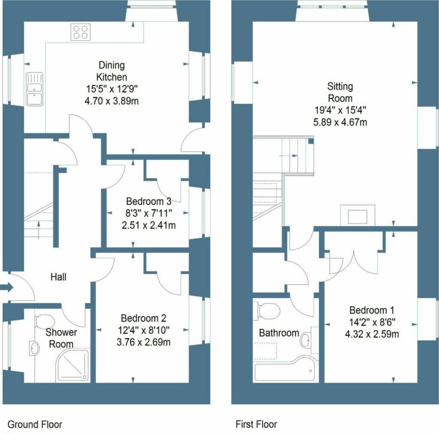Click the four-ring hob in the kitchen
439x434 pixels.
pos(81,32)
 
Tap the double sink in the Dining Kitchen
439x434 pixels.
pos(35,89)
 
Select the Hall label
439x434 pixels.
pos(58,277)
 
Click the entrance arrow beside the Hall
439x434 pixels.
pos(6,287)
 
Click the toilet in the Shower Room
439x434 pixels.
pos(45,321)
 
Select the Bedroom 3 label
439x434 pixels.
pos(149,201)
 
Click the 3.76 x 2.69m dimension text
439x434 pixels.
pos(144,342)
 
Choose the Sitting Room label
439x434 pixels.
pos(340,92)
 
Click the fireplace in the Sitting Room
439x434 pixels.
pos(358,215)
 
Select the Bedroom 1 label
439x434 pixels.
pos(372,310)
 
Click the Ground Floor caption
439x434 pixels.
pos(35,425)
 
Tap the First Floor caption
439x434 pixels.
pos(256,425)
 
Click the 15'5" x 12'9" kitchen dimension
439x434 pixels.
pos(112,89)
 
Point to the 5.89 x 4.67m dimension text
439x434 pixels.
pos(340,122)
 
